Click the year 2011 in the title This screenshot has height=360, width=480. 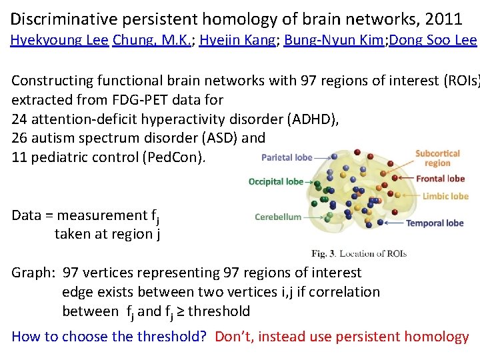(445, 19)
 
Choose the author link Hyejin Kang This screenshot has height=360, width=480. (237, 40)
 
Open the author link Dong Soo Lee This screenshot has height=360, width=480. (433, 40)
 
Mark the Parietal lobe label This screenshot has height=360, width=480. (286, 158)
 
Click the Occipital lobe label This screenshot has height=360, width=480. (275, 181)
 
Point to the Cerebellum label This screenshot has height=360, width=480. (278, 217)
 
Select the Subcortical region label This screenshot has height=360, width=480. (437, 158)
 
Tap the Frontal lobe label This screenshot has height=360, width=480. (440, 179)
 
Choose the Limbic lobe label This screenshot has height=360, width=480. (445, 196)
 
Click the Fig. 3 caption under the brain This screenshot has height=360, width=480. (359, 253)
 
